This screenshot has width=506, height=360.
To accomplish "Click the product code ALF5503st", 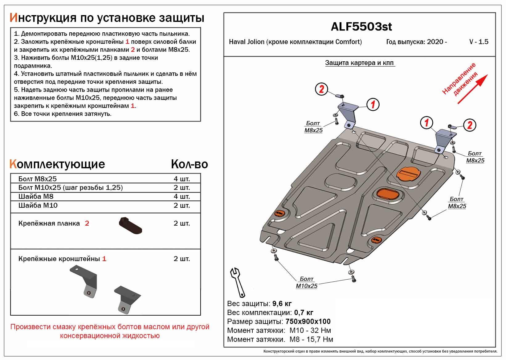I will (361, 27).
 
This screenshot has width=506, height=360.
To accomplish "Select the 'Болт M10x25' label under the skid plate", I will (307, 282).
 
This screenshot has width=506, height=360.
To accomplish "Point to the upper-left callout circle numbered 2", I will (321, 89).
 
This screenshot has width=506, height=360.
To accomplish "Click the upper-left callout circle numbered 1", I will (373, 104).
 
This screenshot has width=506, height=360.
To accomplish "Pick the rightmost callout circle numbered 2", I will (470, 125).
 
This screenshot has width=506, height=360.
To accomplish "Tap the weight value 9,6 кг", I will (282, 304).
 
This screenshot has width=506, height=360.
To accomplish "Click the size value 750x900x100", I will (308, 321).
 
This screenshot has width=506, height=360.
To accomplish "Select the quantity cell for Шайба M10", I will (182, 206).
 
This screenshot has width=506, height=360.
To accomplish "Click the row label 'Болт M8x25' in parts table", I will (38, 179).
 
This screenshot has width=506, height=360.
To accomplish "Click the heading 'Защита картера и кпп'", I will (359, 63).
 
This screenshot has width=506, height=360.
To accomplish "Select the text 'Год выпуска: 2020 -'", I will (416, 42).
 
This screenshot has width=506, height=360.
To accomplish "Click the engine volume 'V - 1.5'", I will (479, 42).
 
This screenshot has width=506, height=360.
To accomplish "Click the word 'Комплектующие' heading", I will (57, 164).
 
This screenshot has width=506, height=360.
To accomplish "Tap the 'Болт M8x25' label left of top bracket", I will (313, 127).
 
